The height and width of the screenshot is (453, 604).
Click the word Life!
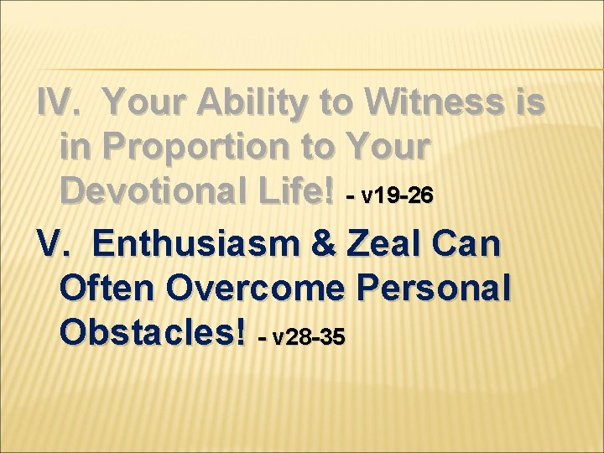[305, 192]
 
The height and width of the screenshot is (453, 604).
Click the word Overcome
[255, 289]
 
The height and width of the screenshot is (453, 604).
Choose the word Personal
[433, 289]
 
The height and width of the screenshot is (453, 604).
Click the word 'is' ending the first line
[531, 102]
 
